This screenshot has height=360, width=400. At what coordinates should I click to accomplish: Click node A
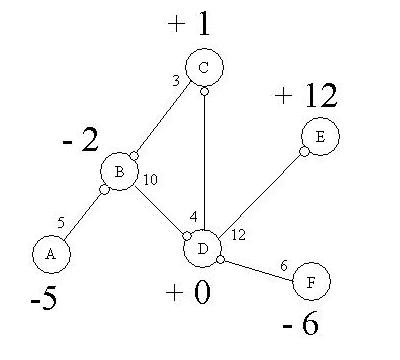50,254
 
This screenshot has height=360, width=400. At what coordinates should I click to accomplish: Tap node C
204,68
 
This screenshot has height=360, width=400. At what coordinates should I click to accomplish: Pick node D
202,247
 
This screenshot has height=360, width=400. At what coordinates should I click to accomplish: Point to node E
319,139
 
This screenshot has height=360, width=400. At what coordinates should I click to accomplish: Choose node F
312,283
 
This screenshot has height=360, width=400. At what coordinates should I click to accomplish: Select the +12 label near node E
305,96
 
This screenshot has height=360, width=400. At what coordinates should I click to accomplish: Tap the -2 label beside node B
77,140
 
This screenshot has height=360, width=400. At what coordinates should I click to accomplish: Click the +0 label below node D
188,295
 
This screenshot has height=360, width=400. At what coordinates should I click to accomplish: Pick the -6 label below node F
300,326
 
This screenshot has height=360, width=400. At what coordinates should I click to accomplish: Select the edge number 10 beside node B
151,180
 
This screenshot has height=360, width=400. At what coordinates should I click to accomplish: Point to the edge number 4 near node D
194,216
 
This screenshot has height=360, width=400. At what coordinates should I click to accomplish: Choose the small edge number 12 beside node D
238,235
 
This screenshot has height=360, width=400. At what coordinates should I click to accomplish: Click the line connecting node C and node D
204,160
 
